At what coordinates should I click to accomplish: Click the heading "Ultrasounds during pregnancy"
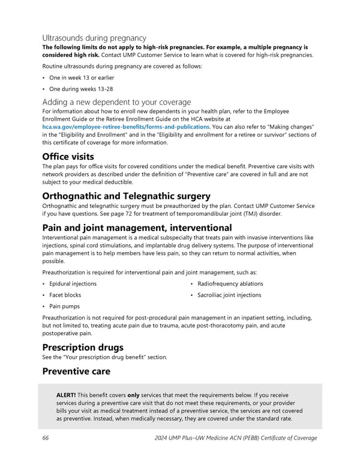(x=94, y=38)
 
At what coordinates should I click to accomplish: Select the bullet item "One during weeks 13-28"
(x=77, y=89)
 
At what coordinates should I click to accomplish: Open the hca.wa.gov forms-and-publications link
(x=125, y=127)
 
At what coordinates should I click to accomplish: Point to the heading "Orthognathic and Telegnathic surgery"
(x=125, y=196)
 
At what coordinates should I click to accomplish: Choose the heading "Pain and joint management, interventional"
(x=137, y=228)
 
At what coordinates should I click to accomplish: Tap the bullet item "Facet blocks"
(x=64, y=295)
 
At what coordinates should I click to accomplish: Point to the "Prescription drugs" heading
(x=82, y=347)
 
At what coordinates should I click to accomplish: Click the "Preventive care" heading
(x=76, y=371)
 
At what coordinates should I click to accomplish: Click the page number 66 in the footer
(x=46, y=438)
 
